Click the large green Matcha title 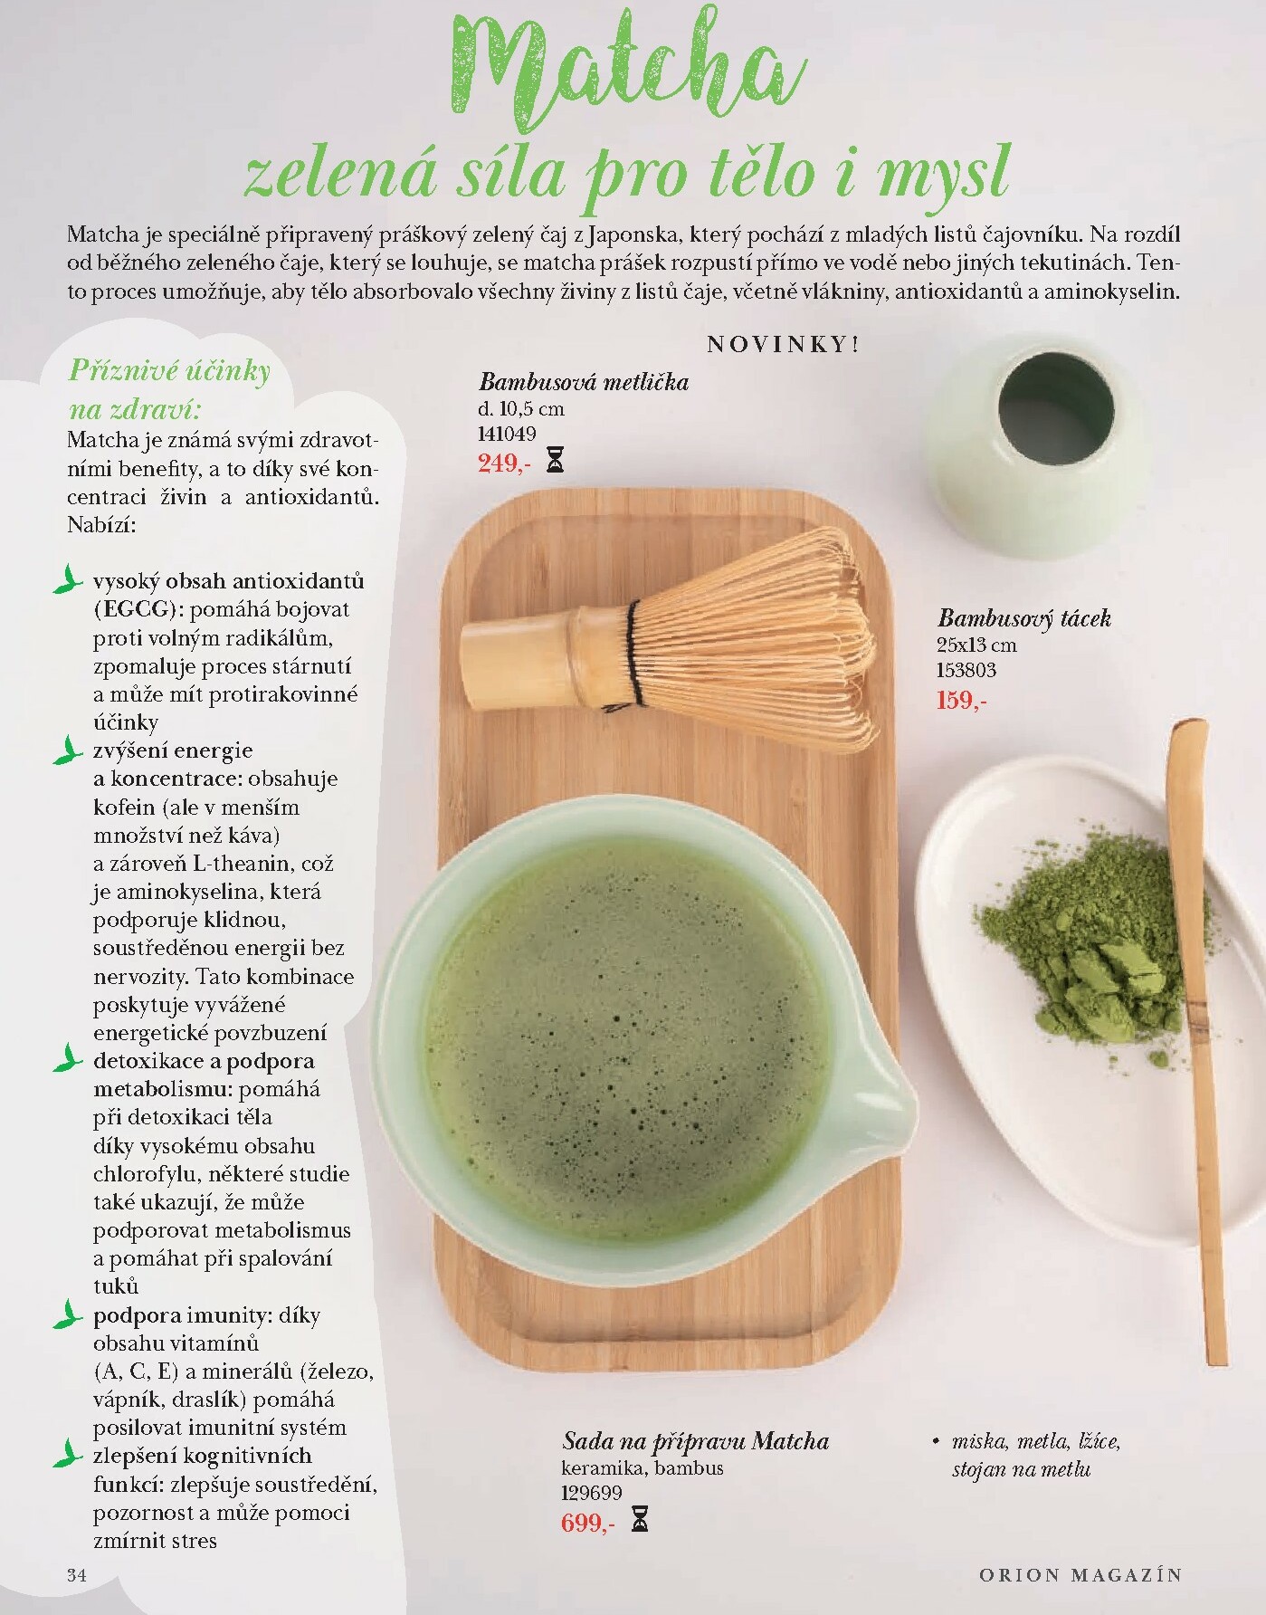(625, 72)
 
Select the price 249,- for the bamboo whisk (504, 463)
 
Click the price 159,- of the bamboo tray (962, 700)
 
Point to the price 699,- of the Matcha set (587, 1523)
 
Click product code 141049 (507, 435)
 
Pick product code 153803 (966, 671)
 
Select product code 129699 (592, 1494)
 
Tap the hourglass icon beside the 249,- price (556, 463)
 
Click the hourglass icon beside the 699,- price (640, 1520)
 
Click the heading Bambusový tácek (1023, 618)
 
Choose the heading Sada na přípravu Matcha (695, 1440)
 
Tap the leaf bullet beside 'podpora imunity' (66, 1314)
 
